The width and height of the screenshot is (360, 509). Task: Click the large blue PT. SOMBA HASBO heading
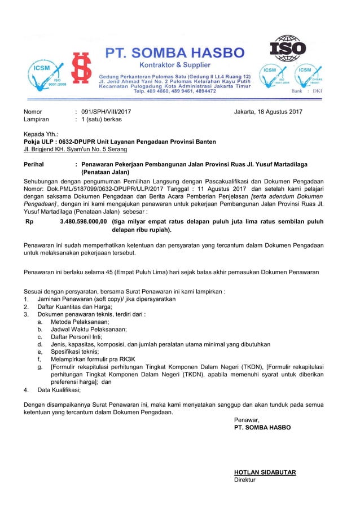175,53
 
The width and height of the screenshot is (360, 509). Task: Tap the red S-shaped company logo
82,72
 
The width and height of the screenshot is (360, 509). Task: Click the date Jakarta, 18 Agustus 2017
268,112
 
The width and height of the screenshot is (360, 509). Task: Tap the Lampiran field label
36,120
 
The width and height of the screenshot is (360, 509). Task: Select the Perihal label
34,164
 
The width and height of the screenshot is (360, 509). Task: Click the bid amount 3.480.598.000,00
83,222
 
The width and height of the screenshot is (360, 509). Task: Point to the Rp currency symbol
29,222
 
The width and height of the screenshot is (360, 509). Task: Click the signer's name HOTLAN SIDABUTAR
265,472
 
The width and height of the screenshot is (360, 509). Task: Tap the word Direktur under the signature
245,480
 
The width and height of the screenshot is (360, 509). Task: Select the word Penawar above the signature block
247,420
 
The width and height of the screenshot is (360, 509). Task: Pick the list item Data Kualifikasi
59,389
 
